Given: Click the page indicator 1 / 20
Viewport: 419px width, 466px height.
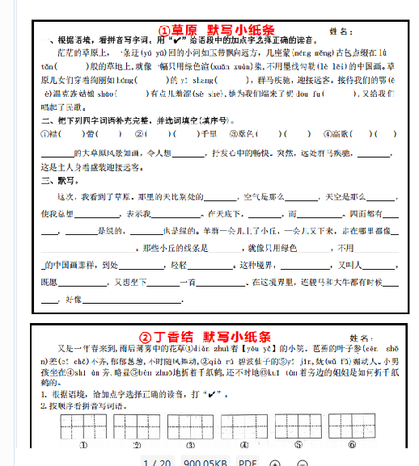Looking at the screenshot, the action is point(157,462).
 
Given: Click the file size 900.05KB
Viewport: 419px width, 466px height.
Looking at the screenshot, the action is point(205,462).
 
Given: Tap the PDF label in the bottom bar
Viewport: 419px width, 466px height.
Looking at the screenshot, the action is point(248,462).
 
